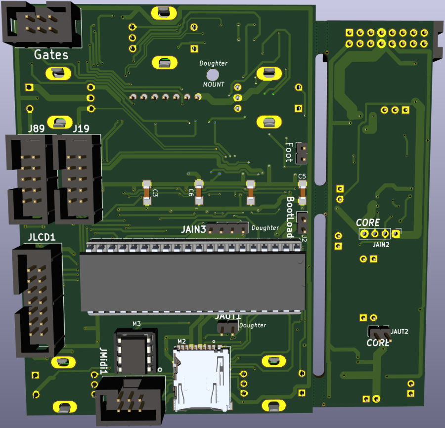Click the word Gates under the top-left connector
tap(51, 54)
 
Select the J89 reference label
tap(36, 129)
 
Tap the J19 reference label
tap(81, 129)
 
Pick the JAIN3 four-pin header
tap(227, 229)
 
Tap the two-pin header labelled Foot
tap(301, 153)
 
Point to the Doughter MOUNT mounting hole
tap(213, 75)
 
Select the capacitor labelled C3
tap(147, 193)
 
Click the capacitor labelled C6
tap(199, 193)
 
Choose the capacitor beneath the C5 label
tap(303, 193)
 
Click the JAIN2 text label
tap(381, 244)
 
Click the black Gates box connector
tap(38, 24)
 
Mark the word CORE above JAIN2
tap(368, 222)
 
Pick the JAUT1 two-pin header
tap(227, 327)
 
